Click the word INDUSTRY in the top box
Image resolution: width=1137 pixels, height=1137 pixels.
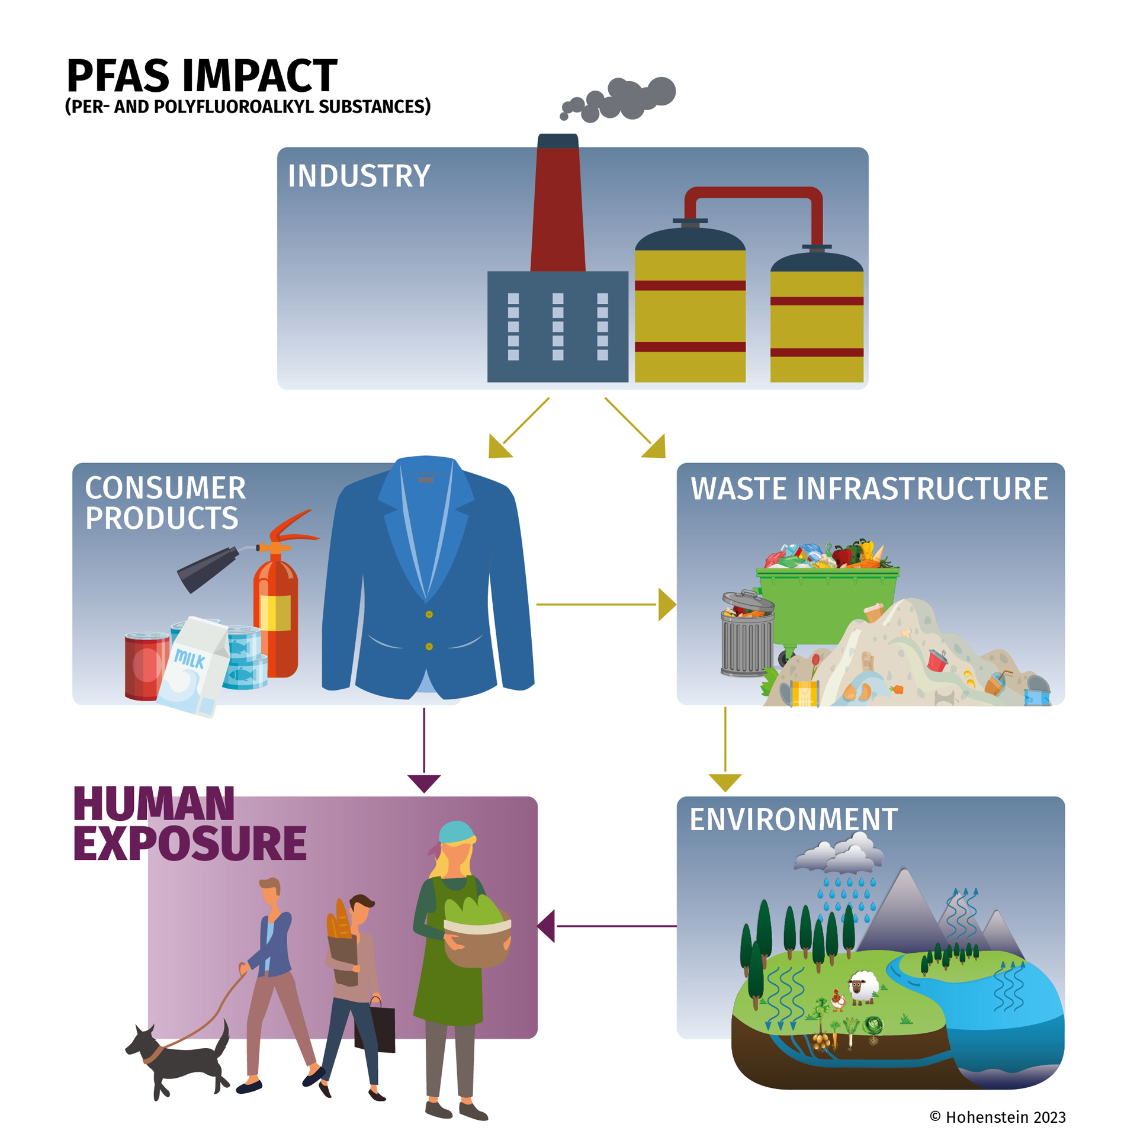[x=358, y=176]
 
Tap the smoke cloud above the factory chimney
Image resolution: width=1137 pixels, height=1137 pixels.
[x=619, y=99]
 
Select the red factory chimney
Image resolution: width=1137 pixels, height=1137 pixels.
[x=557, y=203]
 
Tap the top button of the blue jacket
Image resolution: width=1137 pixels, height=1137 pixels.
[x=429, y=614]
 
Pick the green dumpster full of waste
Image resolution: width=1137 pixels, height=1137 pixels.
[x=826, y=601]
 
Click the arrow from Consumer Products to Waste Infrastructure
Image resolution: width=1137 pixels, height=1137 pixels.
[x=606, y=604]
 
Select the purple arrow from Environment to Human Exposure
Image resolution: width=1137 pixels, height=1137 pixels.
[x=606, y=926]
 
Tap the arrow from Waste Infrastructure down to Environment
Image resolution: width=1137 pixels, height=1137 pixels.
[x=725, y=749]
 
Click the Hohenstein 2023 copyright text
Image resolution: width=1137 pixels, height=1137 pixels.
[x=998, y=1117]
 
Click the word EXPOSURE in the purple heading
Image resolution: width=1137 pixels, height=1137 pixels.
[x=190, y=843]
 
